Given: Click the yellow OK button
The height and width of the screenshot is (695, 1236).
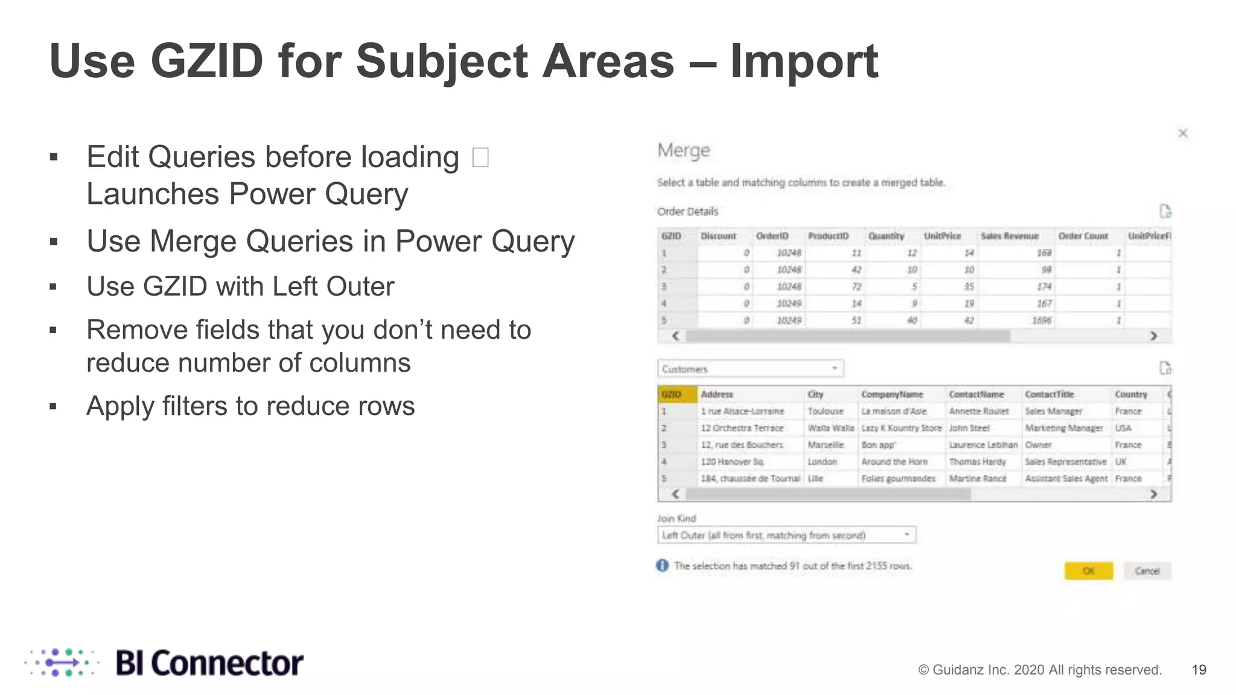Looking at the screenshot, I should pyautogui.click(x=1088, y=571).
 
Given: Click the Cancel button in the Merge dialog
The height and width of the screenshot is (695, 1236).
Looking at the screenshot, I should pyautogui.click(x=1147, y=571).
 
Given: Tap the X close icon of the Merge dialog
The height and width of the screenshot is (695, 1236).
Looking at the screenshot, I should pyautogui.click(x=1183, y=133).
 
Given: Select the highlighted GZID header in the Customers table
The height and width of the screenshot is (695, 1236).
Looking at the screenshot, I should pyautogui.click(x=677, y=395).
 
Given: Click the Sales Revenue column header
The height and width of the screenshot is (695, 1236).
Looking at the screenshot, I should pyautogui.click(x=1009, y=236).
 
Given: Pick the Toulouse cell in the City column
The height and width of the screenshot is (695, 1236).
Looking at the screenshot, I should pyautogui.click(x=826, y=411).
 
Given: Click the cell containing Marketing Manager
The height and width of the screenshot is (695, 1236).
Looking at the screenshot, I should pyautogui.click(x=1063, y=428).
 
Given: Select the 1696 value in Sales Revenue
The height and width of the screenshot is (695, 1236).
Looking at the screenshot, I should pyautogui.click(x=1042, y=320).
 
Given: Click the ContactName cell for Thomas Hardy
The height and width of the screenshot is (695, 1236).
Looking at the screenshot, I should pyautogui.click(x=977, y=462).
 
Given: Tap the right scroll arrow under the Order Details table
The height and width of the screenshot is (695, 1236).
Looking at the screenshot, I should pyautogui.click(x=1153, y=336).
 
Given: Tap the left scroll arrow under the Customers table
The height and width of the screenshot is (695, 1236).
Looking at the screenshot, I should pyautogui.click(x=675, y=494).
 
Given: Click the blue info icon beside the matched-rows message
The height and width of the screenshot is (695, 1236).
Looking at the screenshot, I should pyautogui.click(x=662, y=565).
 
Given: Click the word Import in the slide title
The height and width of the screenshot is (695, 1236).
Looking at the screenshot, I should pyautogui.click(x=804, y=62).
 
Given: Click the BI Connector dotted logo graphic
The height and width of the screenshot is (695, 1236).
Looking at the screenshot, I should pyautogui.click(x=61, y=663).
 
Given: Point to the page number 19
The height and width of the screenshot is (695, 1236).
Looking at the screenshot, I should pyautogui.click(x=1199, y=670).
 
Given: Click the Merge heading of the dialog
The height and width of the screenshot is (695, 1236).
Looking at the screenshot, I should pyautogui.click(x=683, y=150).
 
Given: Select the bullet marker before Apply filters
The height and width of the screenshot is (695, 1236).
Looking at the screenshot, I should pyautogui.click(x=53, y=407).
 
